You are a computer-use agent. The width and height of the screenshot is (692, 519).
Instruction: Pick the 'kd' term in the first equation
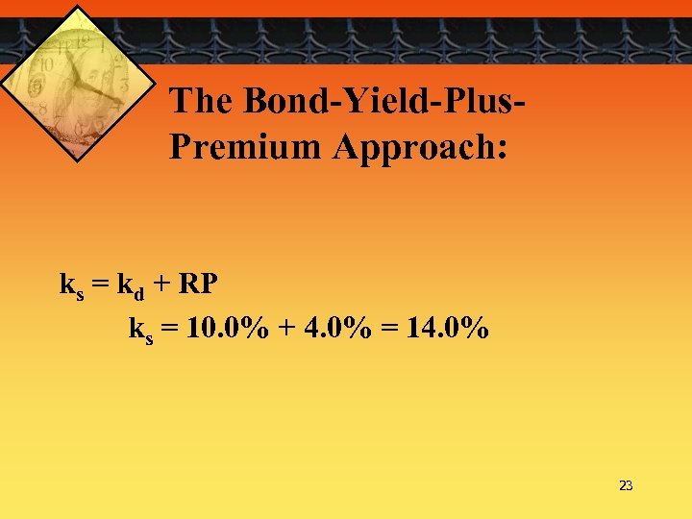pyautogui.click(x=132, y=286)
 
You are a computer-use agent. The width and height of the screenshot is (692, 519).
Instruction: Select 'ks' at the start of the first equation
pyautogui.click(x=72, y=286)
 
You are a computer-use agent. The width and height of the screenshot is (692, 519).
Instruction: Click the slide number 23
pyautogui.click(x=626, y=486)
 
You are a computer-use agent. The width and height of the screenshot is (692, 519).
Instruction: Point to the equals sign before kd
pyautogui.click(x=101, y=285)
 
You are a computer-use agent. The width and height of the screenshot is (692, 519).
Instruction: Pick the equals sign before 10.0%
pyautogui.click(x=170, y=331)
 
